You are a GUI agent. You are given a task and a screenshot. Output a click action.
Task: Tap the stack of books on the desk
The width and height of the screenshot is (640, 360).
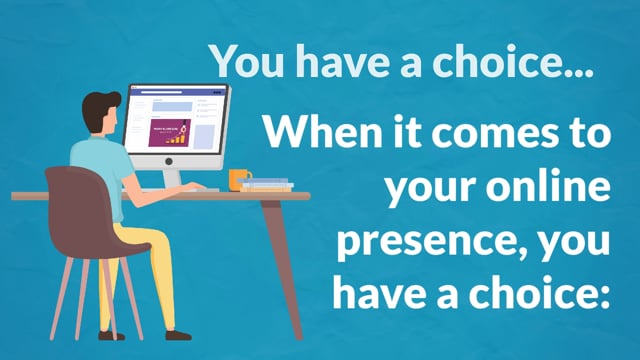(x=266, y=185)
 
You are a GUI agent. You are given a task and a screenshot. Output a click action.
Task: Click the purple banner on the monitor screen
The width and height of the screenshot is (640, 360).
(x=169, y=133)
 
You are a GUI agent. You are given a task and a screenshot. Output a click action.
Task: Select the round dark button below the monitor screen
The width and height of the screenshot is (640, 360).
(x=169, y=162)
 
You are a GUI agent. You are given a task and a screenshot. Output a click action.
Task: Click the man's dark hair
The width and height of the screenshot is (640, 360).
(x=99, y=109)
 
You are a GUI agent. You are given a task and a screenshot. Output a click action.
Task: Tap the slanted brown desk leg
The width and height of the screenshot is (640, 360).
(x=282, y=269)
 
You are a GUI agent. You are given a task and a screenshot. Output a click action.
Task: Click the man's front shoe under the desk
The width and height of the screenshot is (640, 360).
(x=178, y=336)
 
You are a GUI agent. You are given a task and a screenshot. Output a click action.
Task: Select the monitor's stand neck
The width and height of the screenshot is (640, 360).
(x=172, y=179)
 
